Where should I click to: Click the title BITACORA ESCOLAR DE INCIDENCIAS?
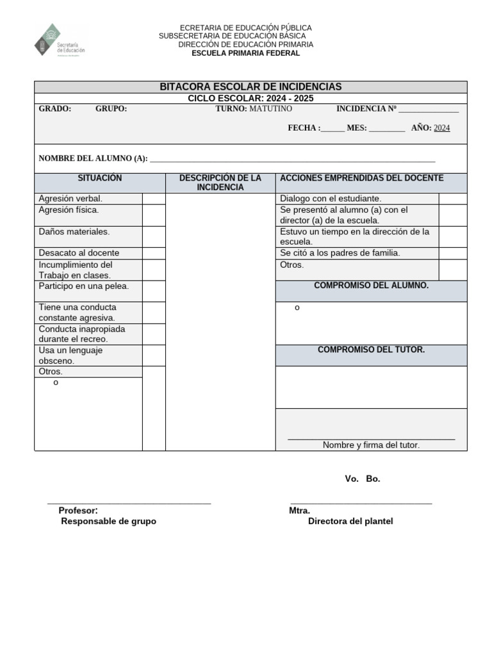(x=250, y=86)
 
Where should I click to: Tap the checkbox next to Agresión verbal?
(x=154, y=199)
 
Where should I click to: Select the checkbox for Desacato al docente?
(x=154, y=253)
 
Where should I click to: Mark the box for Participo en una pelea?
(x=154, y=291)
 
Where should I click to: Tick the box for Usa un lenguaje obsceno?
(x=154, y=356)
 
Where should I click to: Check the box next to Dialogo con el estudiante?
(x=452, y=199)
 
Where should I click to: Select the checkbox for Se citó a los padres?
(x=452, y=253)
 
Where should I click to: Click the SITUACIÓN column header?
(x=99, y=178)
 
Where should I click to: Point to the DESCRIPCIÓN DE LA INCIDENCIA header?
(x=220, y=183)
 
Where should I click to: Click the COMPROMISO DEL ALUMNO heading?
(x=371, y=286)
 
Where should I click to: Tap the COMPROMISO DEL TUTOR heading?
(x=371, y=350)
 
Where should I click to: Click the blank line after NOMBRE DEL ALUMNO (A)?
(x=292, y=160)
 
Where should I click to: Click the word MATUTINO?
(x=270, y=109)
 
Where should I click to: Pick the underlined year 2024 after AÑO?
(x=441, y=128)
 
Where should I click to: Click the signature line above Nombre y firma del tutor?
(x=371, y=439)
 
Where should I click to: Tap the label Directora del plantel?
(x=350, y=521)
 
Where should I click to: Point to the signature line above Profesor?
(x=129, y=504)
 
